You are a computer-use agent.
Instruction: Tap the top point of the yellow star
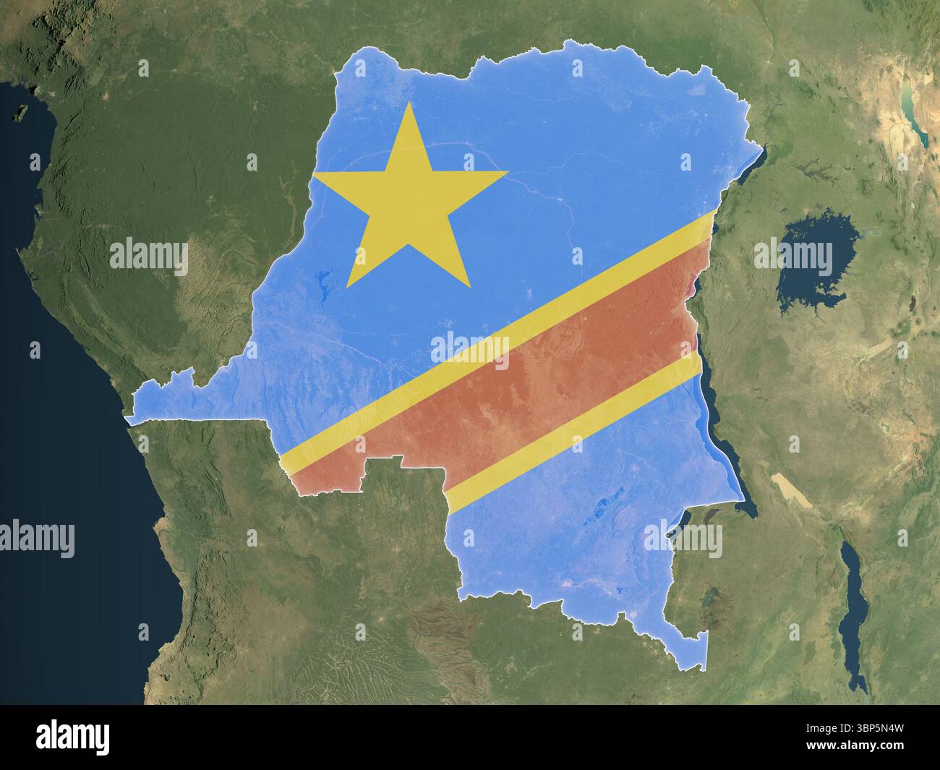click(x=409, y=106)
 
